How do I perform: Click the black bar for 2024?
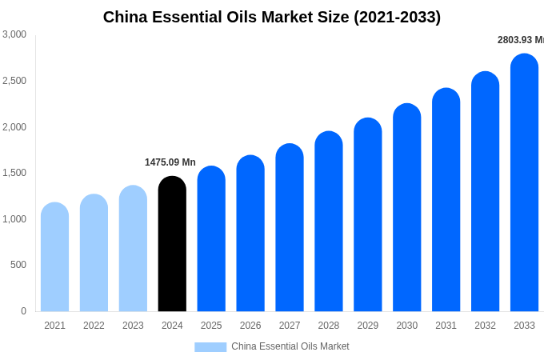(x=172, y=244)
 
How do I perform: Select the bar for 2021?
(x=54, y=257)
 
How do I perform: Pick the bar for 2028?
(x=329, y=222)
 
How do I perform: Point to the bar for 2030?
(x=407, y=207)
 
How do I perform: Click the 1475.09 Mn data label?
(x=170, y=162)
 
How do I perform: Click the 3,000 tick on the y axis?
(x=14, y=34)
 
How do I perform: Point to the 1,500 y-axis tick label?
(x=14, y=173)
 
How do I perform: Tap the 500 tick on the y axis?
(x=18, y=265)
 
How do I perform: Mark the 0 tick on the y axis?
(x=23, y=311)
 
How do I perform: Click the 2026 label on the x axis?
(x=250, y=326)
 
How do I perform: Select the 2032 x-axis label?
(x=485, y=326)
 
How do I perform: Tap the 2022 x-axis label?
(x=94, y=326)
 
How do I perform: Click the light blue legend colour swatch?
(x=210, y=346)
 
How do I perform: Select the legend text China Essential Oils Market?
(x=290, y=346)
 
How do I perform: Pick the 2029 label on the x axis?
(x=368, y=326)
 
